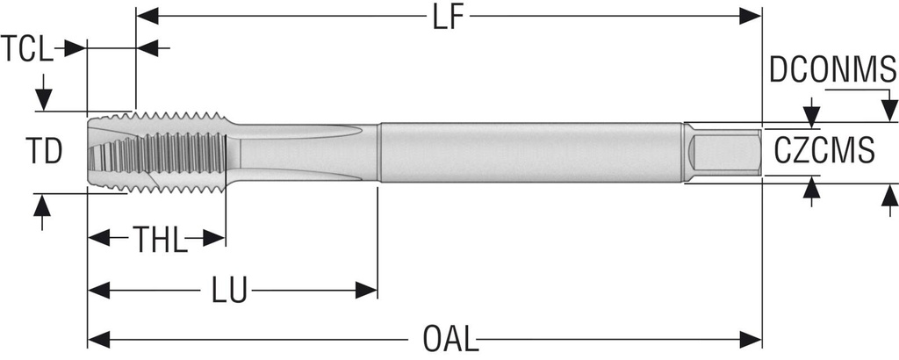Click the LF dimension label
[x=448, y=18]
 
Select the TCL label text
[x=27, y=48]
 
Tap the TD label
[x=44, y=152]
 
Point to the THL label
[x=160, y=240]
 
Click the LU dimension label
[x=229, y=291]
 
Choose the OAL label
[x=450, y=339]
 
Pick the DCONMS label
[x=832, y=70]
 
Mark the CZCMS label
[x=824, y=151]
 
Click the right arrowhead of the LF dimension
[x=751, y=17]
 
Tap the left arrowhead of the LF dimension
[x=147, y=17]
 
